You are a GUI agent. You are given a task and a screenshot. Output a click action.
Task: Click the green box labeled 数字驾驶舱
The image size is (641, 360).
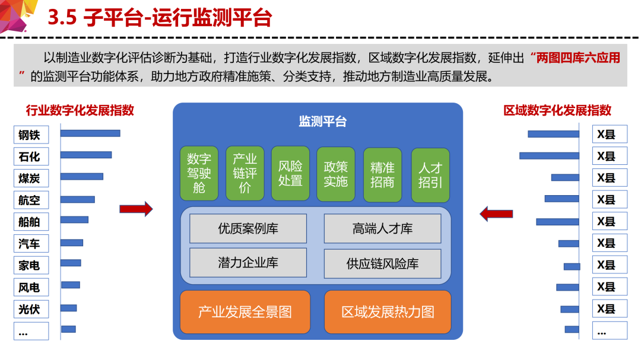(199, 173)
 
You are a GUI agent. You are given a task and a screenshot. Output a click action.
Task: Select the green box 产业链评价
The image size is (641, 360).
(245, 173)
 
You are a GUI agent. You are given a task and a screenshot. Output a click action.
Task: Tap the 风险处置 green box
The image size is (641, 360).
(290, 173)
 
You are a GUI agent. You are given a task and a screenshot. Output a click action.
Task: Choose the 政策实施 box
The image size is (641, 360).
(335, 174)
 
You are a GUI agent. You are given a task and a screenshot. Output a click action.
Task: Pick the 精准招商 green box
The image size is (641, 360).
(383, 175)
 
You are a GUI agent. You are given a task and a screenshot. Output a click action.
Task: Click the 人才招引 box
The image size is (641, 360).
(430, 176)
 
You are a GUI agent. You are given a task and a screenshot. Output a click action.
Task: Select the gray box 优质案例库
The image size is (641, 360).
(248, 228)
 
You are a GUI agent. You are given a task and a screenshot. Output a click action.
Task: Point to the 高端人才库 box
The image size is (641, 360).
(383, 228)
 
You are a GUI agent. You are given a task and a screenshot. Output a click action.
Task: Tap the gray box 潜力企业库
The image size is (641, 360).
(248, 263)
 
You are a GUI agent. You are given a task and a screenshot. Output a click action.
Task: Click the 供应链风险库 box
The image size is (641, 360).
(383, 263)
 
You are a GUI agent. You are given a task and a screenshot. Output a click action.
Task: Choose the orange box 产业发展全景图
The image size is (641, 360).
(245, 312)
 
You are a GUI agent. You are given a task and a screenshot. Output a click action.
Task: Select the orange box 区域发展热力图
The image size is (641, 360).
(388, 312)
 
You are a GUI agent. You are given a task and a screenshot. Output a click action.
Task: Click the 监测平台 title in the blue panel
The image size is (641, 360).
(322, 122)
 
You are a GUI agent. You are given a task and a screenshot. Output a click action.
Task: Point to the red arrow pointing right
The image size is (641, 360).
(136, 209)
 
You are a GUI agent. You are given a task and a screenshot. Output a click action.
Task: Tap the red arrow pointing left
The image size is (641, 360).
(496, 214)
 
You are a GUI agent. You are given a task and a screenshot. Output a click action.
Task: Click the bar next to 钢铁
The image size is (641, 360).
(90, 133)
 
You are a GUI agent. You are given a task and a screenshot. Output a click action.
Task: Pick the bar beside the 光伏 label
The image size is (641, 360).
(69, 308)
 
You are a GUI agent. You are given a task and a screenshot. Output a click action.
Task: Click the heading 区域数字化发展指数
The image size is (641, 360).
(557, 110)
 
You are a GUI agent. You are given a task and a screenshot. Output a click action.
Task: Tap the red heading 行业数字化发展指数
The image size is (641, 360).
(80, 110)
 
